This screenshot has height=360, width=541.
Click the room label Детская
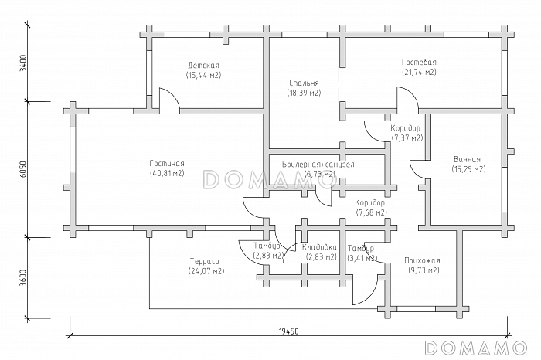click(x=203, y=66)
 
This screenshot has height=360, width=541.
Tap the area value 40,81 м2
click(x=167, y=173)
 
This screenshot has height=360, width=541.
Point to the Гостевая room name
click(x=419, y=62)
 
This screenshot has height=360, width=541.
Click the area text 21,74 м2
click(x=419, y=72)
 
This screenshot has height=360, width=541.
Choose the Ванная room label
click(x=468, y=158)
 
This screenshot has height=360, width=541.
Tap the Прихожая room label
click(x=422, y=260)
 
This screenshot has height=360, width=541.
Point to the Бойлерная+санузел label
click(x=318, y=165)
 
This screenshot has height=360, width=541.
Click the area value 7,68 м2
click(x=371, y=212)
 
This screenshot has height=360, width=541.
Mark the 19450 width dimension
click(x=290, y=330)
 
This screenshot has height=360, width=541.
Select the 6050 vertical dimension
click(x=24, y=169)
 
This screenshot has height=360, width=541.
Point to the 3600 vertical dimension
click(x=24, y=277)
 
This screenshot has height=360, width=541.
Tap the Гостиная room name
click(x=167, y=163)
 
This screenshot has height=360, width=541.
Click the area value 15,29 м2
click(x=468, y=168)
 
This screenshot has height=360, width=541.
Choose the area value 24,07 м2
click(x=206, y=272)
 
